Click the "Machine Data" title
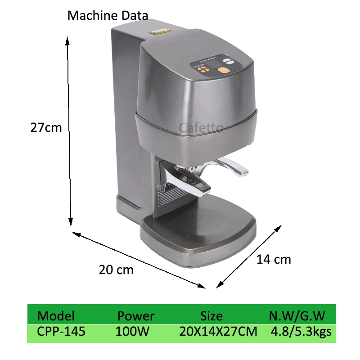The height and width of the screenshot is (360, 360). point(108,16)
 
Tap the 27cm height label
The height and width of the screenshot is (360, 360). point(46,127)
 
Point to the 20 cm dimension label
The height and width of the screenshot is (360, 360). point(116,270)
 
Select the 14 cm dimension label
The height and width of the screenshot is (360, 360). point(274,259)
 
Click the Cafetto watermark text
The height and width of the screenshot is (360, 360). point(201,128)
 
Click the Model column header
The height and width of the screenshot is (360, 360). point(56,315)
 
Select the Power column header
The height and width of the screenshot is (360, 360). point(135,316)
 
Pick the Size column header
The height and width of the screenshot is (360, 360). point(211,316)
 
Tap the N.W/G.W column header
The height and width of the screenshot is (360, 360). point(297,315)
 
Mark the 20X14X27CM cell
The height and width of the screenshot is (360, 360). point(218,332)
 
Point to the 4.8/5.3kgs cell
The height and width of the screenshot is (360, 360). point(301,332)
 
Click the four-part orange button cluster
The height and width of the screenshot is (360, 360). point(203,70)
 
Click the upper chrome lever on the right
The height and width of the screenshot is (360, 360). point(232,167)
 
